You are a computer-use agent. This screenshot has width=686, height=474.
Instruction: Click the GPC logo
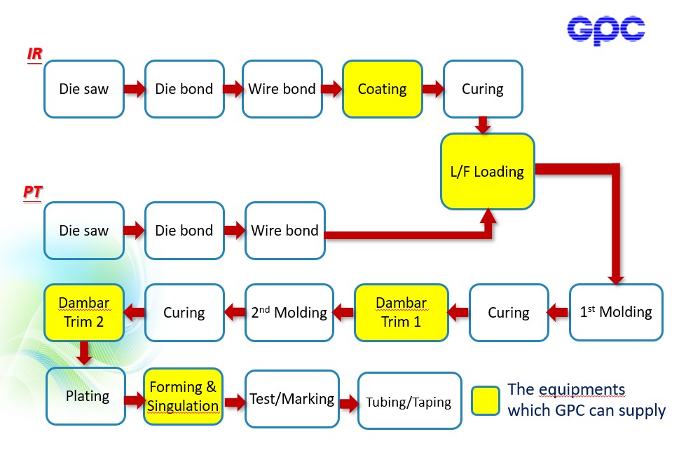point(605,29)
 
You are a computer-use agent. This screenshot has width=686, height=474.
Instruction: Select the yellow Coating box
point(383,89)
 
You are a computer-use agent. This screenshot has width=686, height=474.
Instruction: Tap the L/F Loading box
point(487,172)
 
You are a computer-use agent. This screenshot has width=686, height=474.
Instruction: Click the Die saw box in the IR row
point(84,89)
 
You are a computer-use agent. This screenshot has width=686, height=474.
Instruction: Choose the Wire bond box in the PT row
point(285,231)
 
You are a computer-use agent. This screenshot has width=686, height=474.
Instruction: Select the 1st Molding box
point(616,312)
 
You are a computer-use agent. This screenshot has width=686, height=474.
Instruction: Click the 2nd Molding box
point(289,312)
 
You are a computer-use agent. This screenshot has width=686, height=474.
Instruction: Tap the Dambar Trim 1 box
point(402,312)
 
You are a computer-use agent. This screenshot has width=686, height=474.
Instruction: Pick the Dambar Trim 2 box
point(84,312)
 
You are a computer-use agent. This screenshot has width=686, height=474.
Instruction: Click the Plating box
point(86,396)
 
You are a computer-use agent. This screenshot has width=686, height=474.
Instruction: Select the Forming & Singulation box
point(183,396)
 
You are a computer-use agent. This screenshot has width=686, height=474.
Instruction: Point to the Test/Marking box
point(291,399)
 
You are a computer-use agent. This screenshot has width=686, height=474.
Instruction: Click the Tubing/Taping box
point(409,402)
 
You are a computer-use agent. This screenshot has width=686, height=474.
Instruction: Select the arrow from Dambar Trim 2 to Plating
point(85,353)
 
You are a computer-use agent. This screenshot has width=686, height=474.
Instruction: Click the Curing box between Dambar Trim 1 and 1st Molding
point(509,312)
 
